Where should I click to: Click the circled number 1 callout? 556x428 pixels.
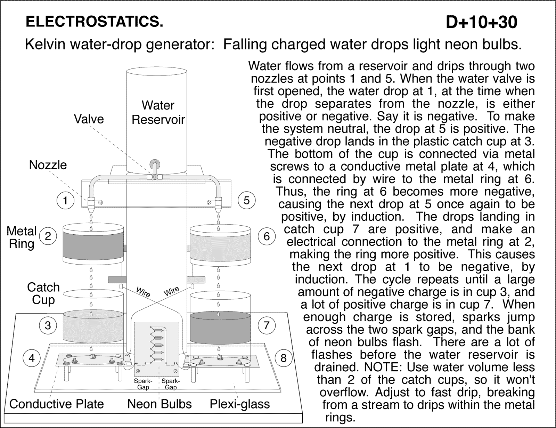click(65, 200)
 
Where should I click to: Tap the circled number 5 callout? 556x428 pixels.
click(247, 200)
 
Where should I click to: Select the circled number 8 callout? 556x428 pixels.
click(284, 358)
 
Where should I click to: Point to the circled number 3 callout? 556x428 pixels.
click(48, 325)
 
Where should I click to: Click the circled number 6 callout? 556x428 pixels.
click(267, 236)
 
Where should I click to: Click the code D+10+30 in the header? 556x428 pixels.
click(481, 22)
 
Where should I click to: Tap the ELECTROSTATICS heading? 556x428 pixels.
click(94, 22)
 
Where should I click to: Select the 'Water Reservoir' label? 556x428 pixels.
click(158, 112)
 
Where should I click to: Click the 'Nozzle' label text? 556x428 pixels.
click(48, 165)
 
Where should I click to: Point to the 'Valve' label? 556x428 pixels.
click(89, 119)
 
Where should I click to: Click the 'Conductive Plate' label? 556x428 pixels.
click(57, 404)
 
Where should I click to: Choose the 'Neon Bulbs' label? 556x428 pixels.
click(160, 404)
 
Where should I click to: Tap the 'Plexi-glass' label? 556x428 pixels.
click(240, 404)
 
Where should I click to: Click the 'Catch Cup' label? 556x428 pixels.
click(43, 293)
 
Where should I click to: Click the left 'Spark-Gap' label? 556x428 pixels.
click(143, 384)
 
